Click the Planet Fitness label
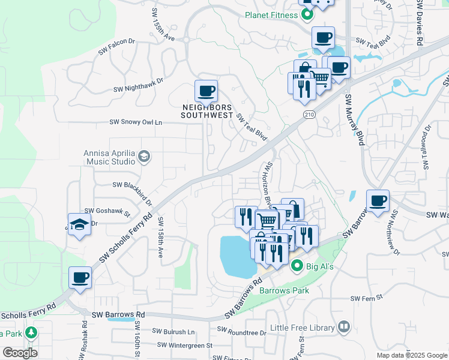(272, 15)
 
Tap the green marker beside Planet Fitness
(307, 15)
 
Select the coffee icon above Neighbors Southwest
(206, 92)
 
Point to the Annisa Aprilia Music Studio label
(109, 157)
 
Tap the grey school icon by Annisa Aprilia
(144, 157)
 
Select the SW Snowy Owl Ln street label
(136, 122)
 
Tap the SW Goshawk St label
(107, 211)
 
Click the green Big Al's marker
(296, 265)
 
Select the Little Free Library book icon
(344, 327)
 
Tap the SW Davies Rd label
(419, 23)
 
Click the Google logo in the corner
(20, 353)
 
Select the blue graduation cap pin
(79, 225)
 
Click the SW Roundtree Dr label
(241, 332)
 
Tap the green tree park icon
(31, 333)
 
